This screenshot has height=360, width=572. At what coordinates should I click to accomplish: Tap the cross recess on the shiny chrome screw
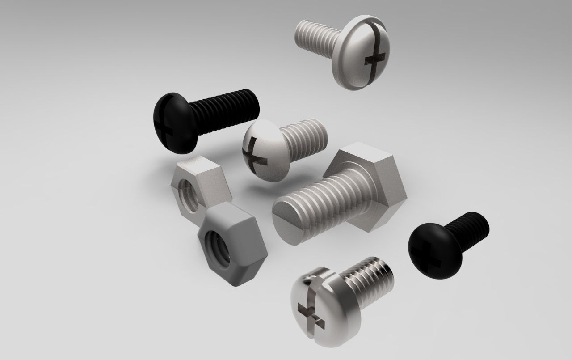[309, 311]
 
